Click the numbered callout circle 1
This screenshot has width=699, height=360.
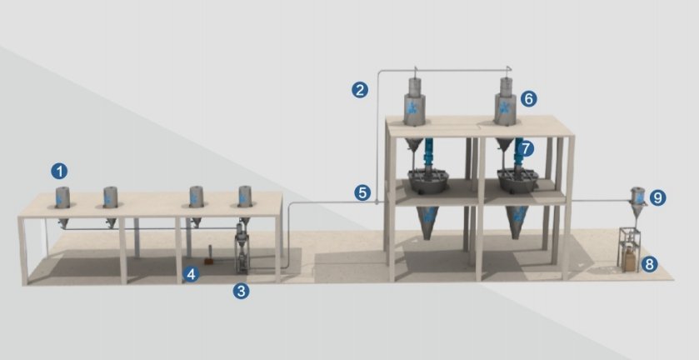(x=59, y=172)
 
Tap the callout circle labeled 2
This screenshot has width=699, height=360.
(x=360, y=90)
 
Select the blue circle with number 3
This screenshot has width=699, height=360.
(x=241, y=292)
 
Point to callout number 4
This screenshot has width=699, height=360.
(x=191, y=274)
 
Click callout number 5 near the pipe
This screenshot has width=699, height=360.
(x=362, y=193)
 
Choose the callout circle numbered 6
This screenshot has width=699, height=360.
(x=528, y=98)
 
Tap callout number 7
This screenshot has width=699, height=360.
(x=526, y=148)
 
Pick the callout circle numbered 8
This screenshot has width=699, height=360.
(x=649, y=264)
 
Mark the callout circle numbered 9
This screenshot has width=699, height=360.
(x=657, y=197)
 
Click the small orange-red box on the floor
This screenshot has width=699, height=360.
(x=208, y=262)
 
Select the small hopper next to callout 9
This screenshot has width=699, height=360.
(x=638, y=202)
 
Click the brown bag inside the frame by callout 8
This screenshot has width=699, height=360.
(x=630, y=261)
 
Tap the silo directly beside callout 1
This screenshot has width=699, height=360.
(x=62, y=197)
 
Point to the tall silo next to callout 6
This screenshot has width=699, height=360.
(x=506, y=102)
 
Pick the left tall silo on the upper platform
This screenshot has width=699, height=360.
(x=415, y=102)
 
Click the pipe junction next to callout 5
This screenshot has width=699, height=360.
(x=377, y=202)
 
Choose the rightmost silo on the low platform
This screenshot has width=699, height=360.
(x=245, y=197)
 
